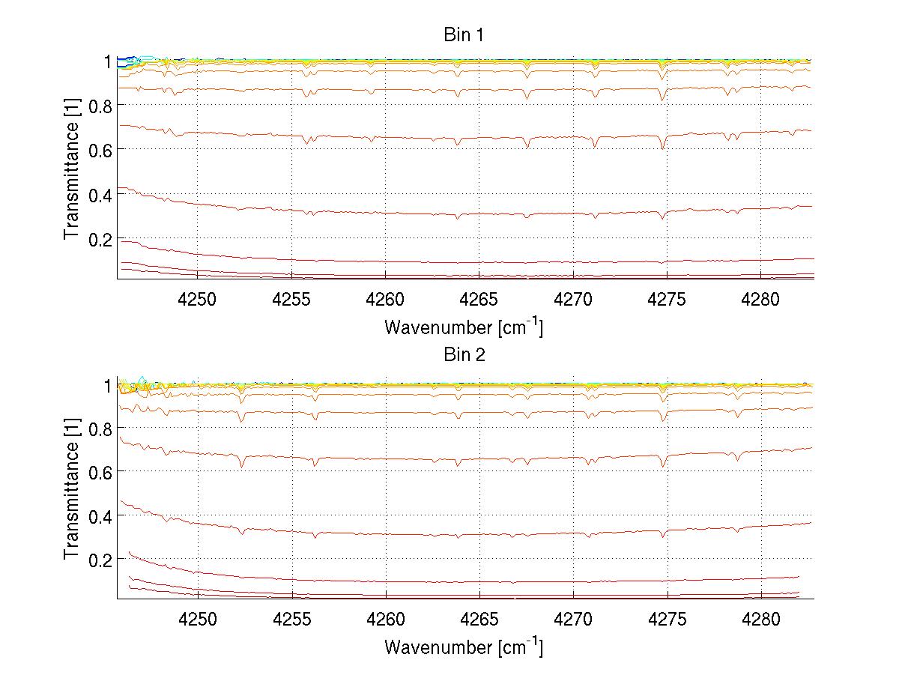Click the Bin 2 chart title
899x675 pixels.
(464, 355)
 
